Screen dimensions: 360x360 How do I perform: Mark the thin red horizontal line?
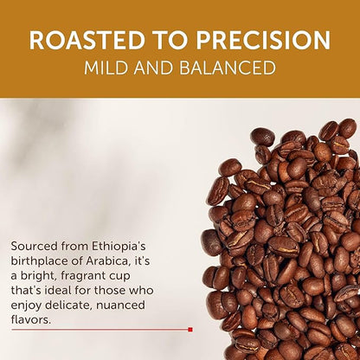click(104, 329)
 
